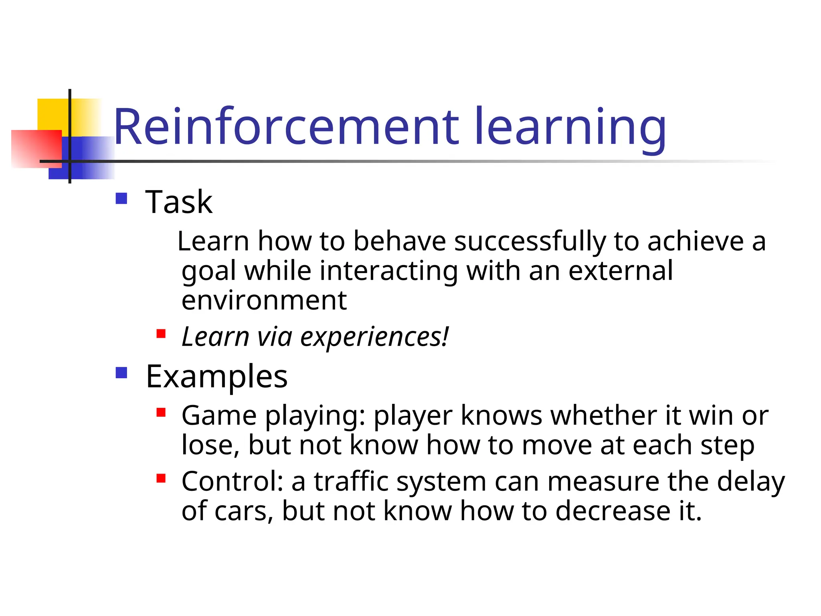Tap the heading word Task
[x=179, y=202]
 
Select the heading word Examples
[x=216, y=377]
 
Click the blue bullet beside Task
[x=121, y=199]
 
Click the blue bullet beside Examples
[x=121, y=373]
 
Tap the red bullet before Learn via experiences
[x=161, y=334]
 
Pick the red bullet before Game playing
[x=161, y=412]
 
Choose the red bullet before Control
[x=161, y=478]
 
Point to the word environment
[x=264, y=300]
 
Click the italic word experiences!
[x=374, y=337]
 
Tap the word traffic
[x=351, y=481]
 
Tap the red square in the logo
[x=36, y=148]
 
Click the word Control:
[x=233, y=481]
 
